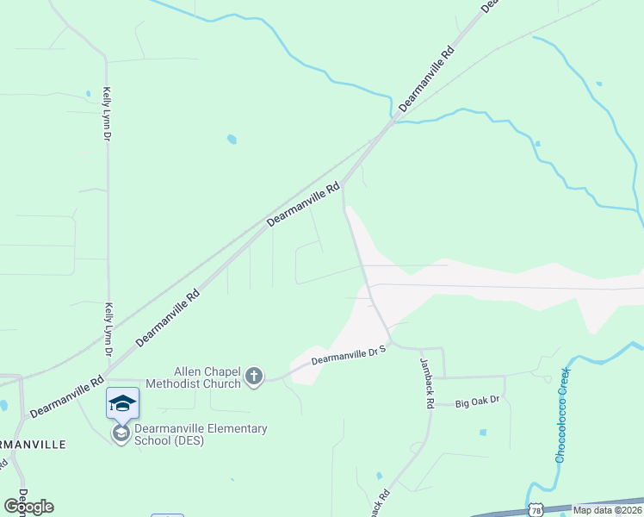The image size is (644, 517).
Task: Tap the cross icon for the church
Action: tap(254, 377)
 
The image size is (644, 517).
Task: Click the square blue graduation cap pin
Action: tap(122, 403)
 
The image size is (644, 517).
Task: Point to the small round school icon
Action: tap(121, 433)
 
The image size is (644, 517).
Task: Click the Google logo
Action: tap(28, 506)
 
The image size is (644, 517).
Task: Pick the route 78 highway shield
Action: tap(536, 510)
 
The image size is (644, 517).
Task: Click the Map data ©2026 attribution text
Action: tap(607, 510)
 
